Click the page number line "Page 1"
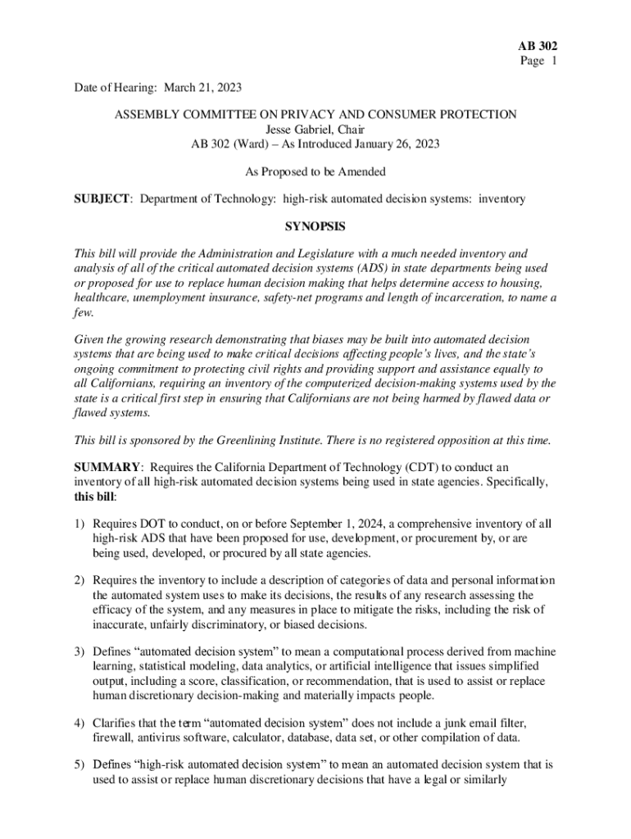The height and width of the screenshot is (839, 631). [x=538, y=61]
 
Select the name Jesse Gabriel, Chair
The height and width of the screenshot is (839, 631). [x=315, y=129]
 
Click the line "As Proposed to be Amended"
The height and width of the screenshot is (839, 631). [x=315, y=172]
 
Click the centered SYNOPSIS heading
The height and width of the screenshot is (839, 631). [x=315, y=226]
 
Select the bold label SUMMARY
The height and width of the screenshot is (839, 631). [x=104, y=467]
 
